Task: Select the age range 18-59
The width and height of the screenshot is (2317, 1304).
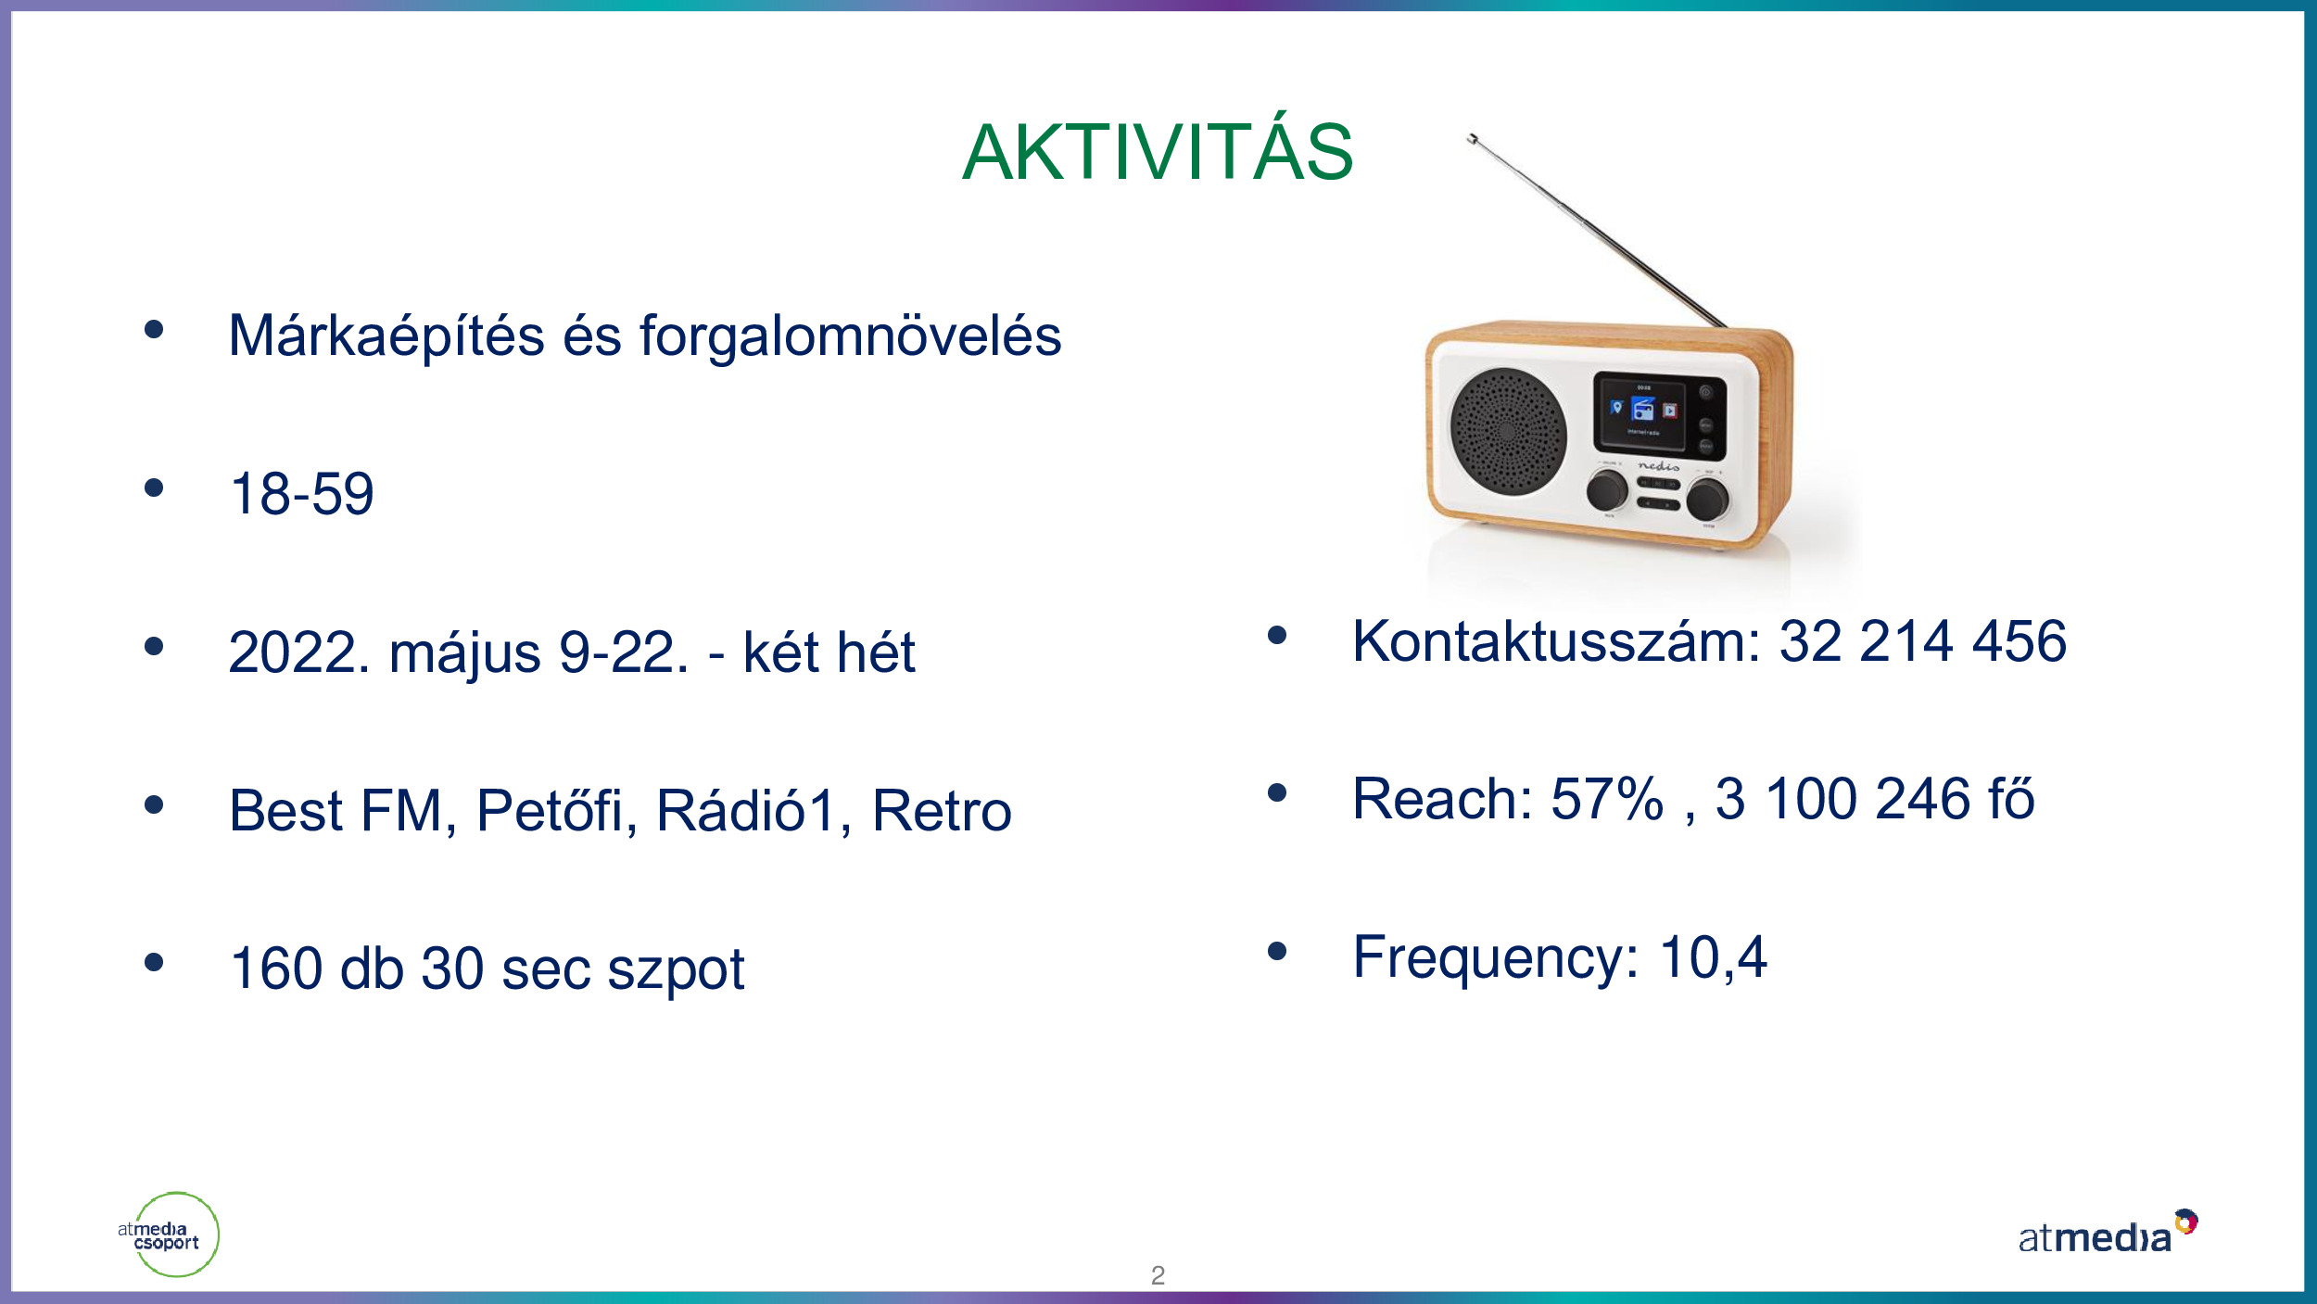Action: [302, 493]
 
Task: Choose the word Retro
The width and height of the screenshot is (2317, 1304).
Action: [942, 810]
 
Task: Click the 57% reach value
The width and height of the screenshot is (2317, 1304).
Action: [1607, 798]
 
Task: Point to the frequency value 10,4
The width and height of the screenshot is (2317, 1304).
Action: [1713, 956]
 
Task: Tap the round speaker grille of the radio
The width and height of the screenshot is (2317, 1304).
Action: [1508, 432]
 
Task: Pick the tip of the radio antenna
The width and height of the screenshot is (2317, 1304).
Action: [1471, 137]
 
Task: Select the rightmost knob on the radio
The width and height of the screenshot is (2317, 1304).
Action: [1706, 499]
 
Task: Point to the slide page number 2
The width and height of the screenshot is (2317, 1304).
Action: [1158, 1275]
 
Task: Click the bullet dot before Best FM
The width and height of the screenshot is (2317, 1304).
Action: [154, 804]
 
